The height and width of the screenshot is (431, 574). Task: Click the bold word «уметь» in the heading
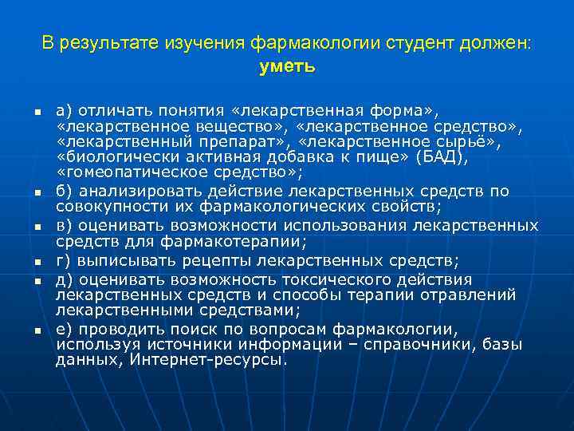pyautogui.click(x=287, y=67)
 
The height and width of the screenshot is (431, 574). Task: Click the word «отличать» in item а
pyautogui.click(x=108, y=109)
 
